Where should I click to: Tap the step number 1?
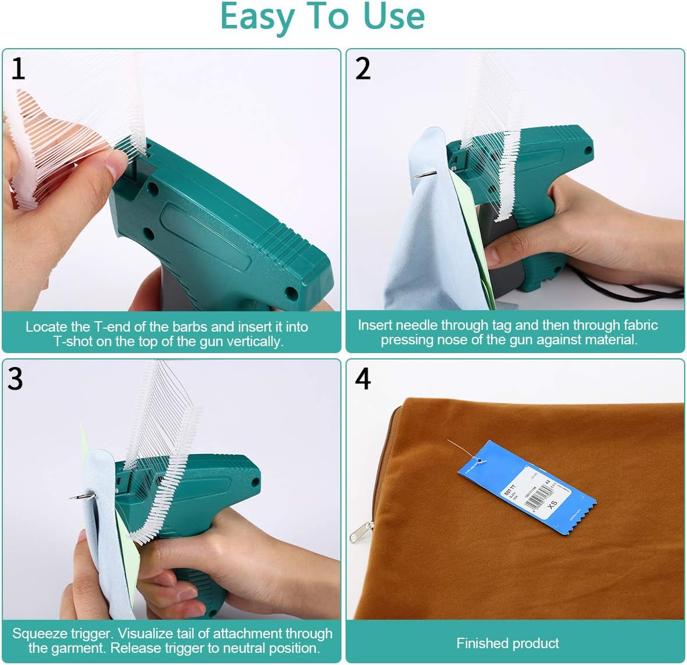coord(18,69)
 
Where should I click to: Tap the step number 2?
coord(363,69)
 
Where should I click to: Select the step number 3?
coord(15,379)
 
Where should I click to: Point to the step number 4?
coord(363,379)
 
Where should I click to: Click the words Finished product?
coord(507,644)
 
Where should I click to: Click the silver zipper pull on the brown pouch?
coord(361,531)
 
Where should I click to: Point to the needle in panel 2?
coord(423,175)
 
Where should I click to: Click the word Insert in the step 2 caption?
coord(375,325)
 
